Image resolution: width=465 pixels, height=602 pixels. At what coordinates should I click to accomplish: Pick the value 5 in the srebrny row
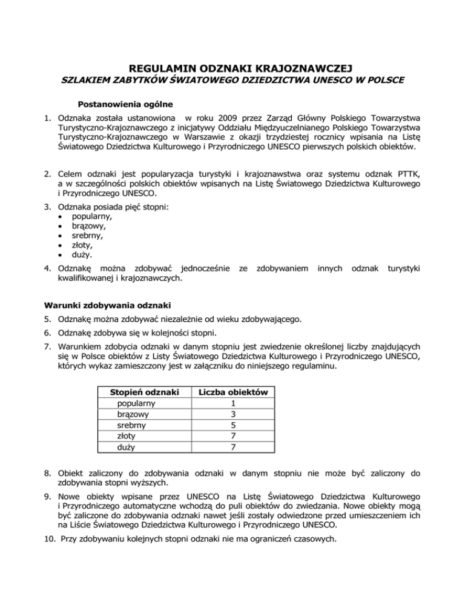(x=233, y=425)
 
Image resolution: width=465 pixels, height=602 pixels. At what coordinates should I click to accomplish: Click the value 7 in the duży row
(x=233, y=447)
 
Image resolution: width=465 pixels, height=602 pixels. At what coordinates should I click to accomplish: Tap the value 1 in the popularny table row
(x=233, y=403)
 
